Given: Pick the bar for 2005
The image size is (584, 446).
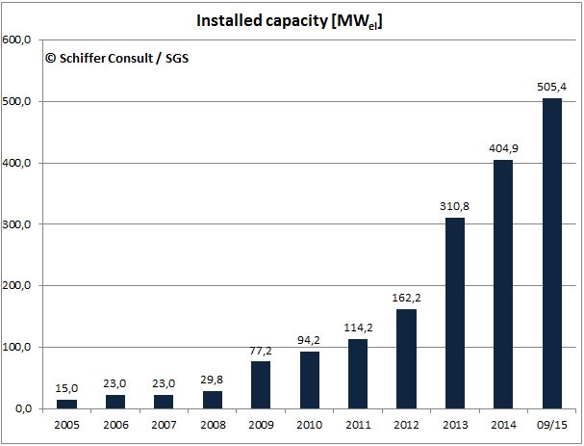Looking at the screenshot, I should pos(67,404).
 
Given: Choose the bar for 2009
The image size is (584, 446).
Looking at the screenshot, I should pos(261,384).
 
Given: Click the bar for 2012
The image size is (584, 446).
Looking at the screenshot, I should pos(406,358).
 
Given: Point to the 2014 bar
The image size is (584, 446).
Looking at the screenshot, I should pos(503,284).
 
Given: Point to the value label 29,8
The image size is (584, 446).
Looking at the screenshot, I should pos(213,377).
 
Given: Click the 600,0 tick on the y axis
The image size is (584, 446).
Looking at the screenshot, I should pos(19,40).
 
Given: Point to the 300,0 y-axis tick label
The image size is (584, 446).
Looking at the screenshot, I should pos(19,224).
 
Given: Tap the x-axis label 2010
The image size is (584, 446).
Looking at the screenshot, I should pos(309,425).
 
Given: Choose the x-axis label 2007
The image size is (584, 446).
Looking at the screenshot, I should pos(164,425).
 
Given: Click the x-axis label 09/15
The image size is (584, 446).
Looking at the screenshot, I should pos(551,425).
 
